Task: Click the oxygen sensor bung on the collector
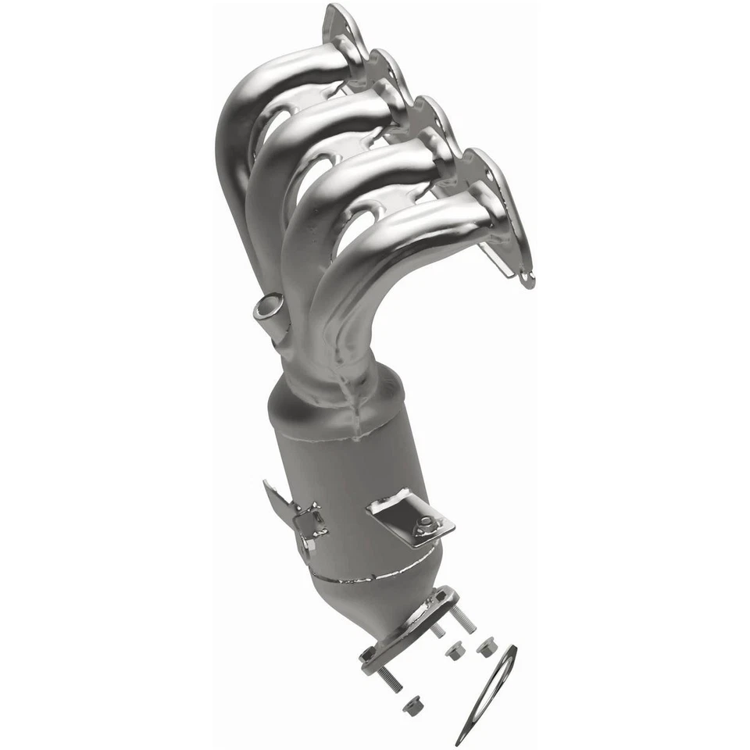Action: pyautogui.click(x=268, y=307)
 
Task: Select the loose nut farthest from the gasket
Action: pyautogui.click(x=412, y=705)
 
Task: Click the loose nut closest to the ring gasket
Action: pyautogui.click(x=486, y=645)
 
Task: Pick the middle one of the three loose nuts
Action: pyautogui.click(x=453, y=650)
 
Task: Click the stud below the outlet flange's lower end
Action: pyautogui.click(x=388, y=679)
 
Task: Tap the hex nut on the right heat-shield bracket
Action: pyautogui.click(x=426, y=524)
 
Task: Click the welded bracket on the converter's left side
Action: pyautogui.click(x=301, y=520)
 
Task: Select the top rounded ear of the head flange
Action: pyautogui.click(x=338, y=17)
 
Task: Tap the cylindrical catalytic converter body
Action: pyautogui.click(x=352, y=484)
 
